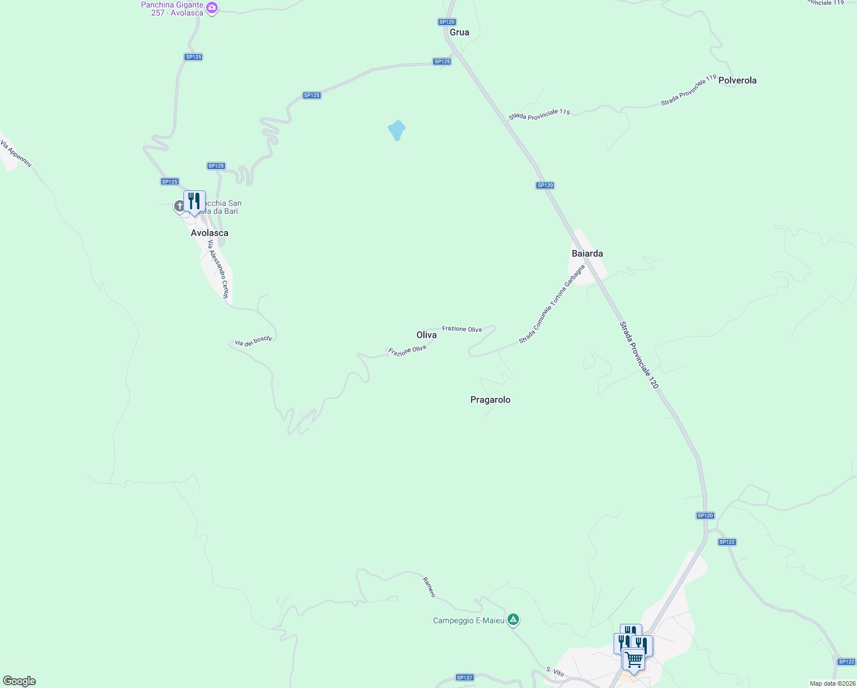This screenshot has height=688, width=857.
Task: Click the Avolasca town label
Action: [x=209, y=233]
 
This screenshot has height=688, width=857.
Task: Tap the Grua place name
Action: [x=459, y=32]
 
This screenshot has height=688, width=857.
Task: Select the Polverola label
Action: [x=737, y=80]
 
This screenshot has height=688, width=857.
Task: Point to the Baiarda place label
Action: [x=587, y=253]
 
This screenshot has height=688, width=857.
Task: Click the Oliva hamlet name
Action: [x=426, y=335]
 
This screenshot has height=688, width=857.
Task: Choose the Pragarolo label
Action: [x=490, y=400]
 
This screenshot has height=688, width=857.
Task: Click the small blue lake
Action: [x=396, y=130]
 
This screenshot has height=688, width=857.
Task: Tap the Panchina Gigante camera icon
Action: [x=212, y=9]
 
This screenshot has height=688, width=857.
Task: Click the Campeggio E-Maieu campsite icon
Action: [x=514, y=620]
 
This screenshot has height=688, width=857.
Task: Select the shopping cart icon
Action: [x=634, y=660]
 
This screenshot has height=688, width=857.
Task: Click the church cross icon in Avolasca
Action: [x=179, y=206]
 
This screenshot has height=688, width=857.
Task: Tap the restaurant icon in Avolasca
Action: [x=194, y=202]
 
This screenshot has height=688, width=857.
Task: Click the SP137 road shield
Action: [x=465, y=678]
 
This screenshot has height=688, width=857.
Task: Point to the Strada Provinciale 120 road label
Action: [x=639, y=355]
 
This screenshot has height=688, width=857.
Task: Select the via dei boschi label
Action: [x=253, y=341]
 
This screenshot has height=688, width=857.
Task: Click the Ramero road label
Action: [x=429, y=587]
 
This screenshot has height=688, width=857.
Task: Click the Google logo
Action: [x=19, y=681]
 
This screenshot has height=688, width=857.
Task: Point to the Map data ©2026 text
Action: [x=831, y=683]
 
